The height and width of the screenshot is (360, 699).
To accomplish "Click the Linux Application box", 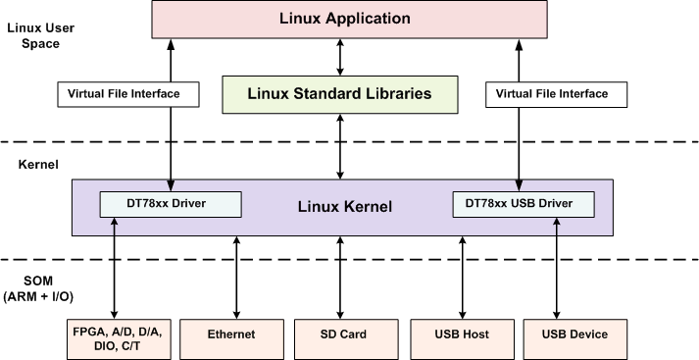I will [x=344, y=19].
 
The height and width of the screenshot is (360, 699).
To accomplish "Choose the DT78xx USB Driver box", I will [x=524, y=204].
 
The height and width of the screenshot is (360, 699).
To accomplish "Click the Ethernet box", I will [x=231, y=334].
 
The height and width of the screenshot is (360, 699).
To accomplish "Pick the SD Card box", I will [x=343, y=334].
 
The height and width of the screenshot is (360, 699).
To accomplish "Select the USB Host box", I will [x=461, y=334].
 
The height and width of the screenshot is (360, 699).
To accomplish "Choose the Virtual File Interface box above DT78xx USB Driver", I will [x=547, y=94].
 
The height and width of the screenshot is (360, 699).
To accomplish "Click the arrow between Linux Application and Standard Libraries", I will [x=341, y=58].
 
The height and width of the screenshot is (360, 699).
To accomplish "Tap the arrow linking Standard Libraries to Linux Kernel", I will [x=341, y=145].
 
